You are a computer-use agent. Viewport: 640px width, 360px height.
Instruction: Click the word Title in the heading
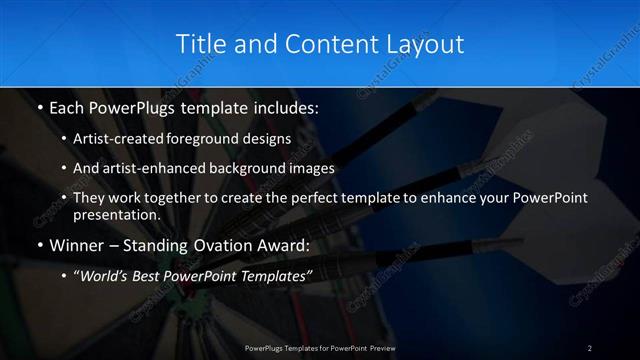[x=198, y=44]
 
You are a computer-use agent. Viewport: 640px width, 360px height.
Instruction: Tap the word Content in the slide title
[x=321, y=44]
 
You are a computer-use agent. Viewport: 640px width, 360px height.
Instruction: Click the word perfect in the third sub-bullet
[x=299, y=198]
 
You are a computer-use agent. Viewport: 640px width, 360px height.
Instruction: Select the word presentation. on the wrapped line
[x=117, y=214]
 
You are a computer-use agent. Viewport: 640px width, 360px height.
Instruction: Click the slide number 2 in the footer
[x=590, y=347]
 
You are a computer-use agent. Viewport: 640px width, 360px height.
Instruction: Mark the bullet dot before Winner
[x=38, y=244]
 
